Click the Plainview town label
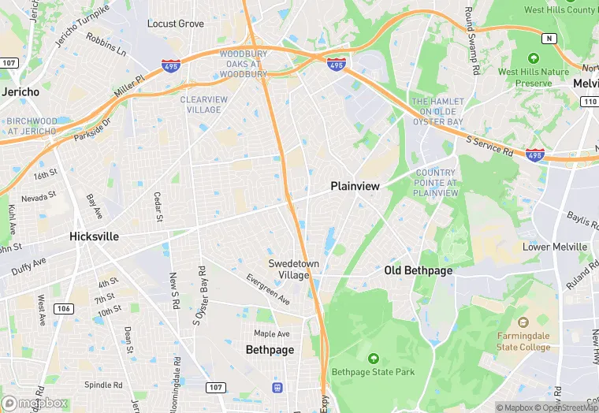click(x=355, y=186)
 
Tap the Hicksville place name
click(x=94, y=236)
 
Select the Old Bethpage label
click(x=419, y=270)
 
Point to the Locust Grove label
click(x=176, y=24)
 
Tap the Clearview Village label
click(x=205, y=105)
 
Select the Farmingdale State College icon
click(x=523, y=322)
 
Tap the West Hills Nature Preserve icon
click(x=534, y=58)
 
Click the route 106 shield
click(x=65, y=308)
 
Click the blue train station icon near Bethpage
click(x=277, y=388)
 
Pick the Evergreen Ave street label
click(x=268, y=289)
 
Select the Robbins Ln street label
click(x=106, y=43)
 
